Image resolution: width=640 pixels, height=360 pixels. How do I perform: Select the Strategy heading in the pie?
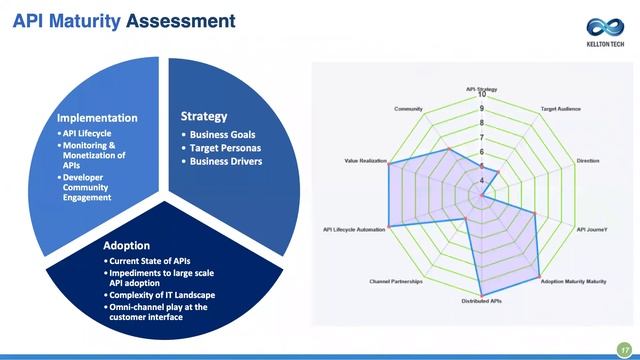coord(203,116)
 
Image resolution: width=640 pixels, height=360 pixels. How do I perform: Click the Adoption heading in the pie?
coord(127,245)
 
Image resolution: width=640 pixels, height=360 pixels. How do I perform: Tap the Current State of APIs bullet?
coord(150,261)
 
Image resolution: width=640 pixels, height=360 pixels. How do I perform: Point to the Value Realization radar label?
coord(365,160)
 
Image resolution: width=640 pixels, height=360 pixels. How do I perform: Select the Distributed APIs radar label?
coord(481,301)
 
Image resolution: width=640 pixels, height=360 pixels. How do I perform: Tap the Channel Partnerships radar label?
coord(396,282)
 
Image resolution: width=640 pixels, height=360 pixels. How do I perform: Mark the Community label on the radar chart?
coord(408,108)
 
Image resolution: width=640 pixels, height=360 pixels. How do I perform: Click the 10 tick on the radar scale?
coord(482,95)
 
